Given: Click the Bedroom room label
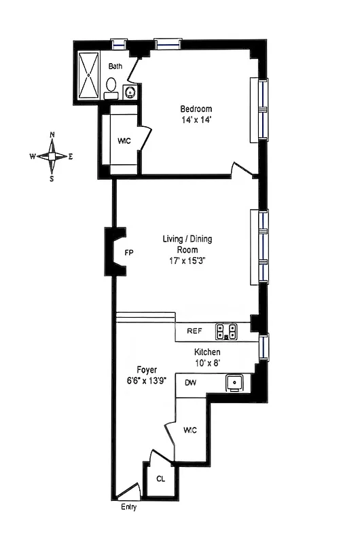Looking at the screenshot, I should click(x=196, y=109).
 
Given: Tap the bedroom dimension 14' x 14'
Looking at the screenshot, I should click(x=196, y=120).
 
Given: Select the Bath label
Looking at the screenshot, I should click(x=115, y=66).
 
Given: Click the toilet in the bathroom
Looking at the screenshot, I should click(x=111, y=86).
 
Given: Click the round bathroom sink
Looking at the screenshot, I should click(x=130, y=92).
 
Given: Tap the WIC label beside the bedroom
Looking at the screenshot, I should click(x=124, y=141).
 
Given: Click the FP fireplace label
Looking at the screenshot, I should click(x=129, y=252).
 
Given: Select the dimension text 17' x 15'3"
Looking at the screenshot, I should click(x=187, y=260).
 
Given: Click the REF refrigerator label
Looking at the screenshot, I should click(x=195, y=331).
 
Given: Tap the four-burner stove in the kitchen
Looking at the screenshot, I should click(x=226, y=331).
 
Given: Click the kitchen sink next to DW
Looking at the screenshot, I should click(x=235, y=383).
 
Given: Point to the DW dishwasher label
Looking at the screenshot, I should click(x=191, y=383).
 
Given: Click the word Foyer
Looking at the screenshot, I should click(x=147, y=370).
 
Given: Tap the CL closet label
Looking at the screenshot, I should click(x=160, y=479).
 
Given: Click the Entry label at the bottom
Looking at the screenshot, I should click(x=128, y=508).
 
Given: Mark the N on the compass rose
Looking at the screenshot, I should click(x=52, y=134).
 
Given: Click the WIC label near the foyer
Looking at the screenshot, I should click(x=190, y=430).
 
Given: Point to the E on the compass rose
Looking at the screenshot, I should click(x=71, y=156).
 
